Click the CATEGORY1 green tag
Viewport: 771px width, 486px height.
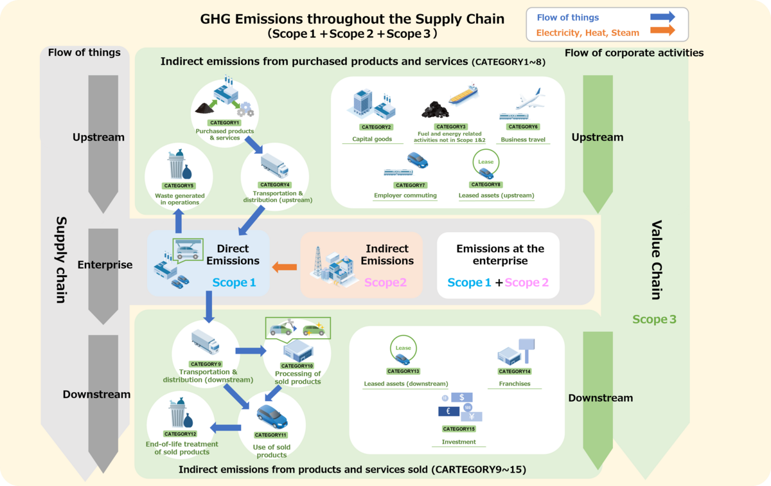tap(224, 122)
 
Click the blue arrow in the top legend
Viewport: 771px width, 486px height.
tap(662, 17)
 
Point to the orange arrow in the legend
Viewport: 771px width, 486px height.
tap(662, 31)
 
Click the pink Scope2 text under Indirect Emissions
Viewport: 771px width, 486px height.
tap(385, 282)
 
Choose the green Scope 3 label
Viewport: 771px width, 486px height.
tap(654, 319)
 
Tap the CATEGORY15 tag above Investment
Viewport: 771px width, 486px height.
tap(459, 429)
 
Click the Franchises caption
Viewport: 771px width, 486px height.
tap(515, 384)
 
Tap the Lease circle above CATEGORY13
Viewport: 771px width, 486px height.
tap(403, 351)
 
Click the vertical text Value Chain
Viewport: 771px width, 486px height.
tap(656, 260)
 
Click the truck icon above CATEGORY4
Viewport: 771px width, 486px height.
tap(274, 166)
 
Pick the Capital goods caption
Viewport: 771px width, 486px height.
tap(372, 139)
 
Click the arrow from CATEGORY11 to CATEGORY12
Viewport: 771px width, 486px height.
tap(226, 426)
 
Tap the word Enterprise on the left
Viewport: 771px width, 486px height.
tap(105, 265)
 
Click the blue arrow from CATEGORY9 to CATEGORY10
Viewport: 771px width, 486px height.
tap(251, 351)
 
